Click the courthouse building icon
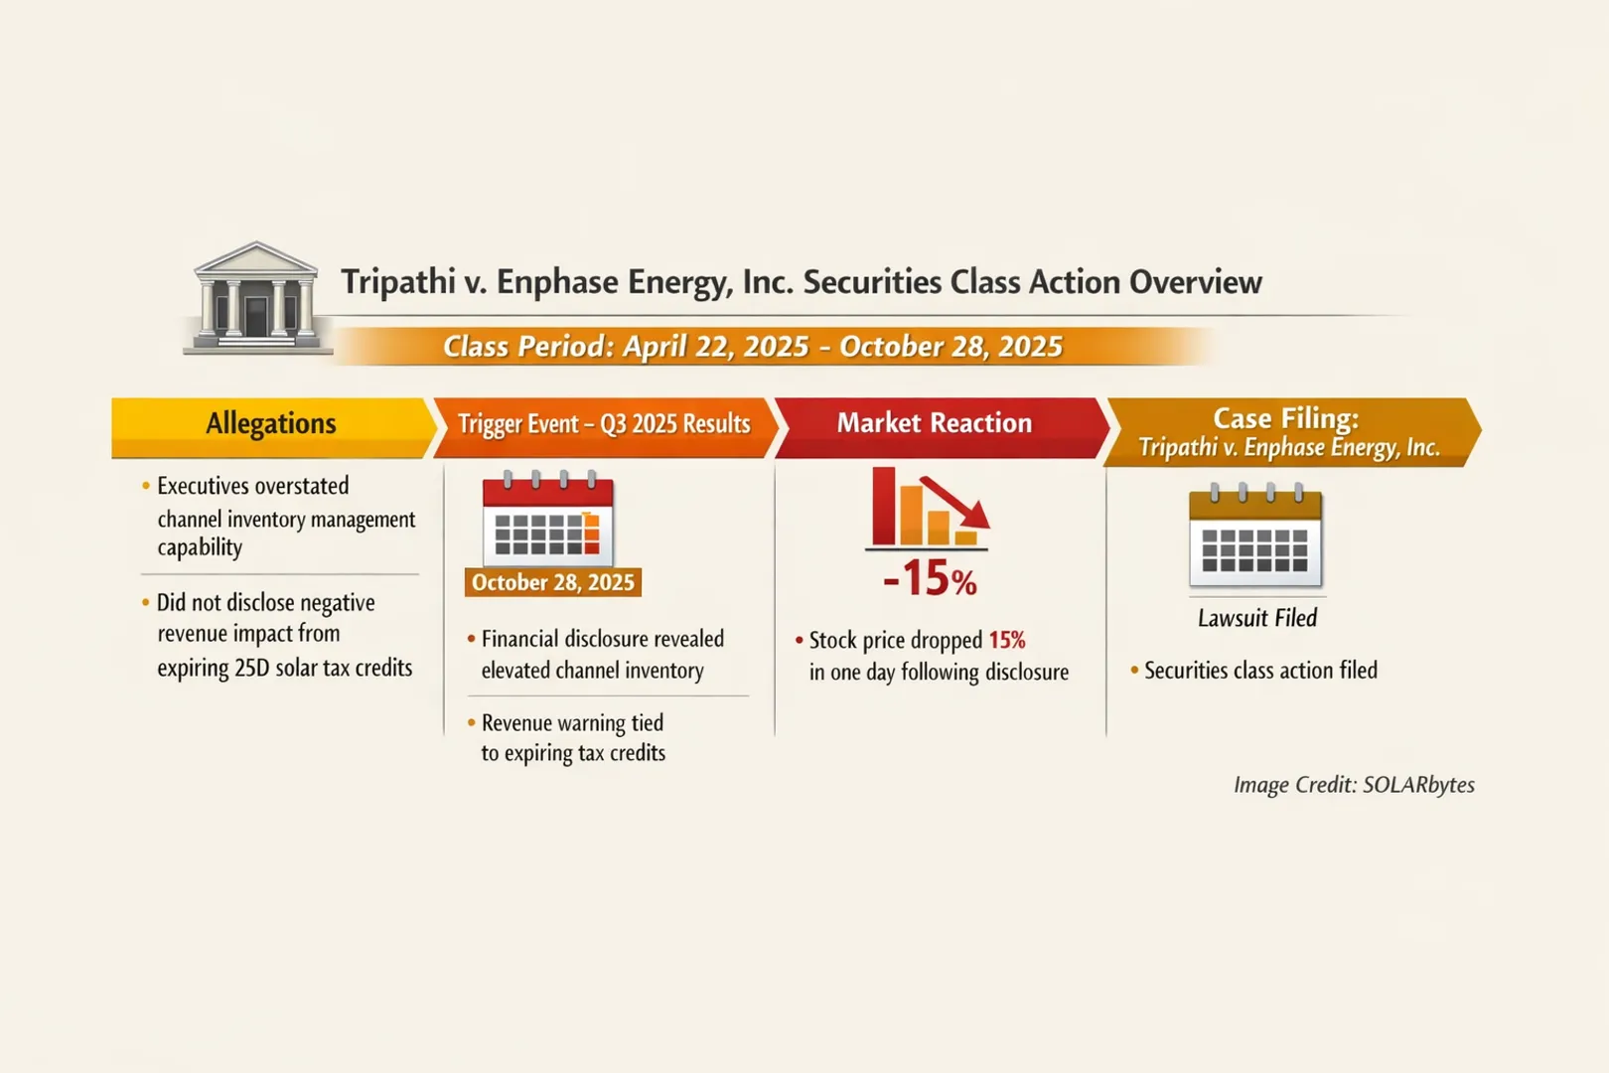click(x=257, y=298)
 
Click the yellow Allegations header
click(x=270, y=425)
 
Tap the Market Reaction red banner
click(x=934, y=424)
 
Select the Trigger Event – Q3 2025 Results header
click(x=604, y=425)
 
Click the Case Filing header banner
click(x=1287, y=432)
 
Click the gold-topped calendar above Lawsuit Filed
click(x=1255, y=536)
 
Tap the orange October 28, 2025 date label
click(x=552, y=582)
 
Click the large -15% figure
click(x=930, y=578)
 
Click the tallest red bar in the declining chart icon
click(x=883, y=506)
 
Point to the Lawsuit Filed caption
click(x=1256, y=618)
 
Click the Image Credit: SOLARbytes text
click(x=1354, y=785)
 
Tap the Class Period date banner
click(x=752, y=347)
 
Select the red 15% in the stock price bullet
click(x=1006, y=640)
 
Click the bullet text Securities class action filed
click(x=1259, y=671)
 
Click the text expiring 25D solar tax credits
click(x=284, y=668)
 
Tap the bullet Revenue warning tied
click(x=571, y=723)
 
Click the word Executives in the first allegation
click(x=204, y=486)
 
